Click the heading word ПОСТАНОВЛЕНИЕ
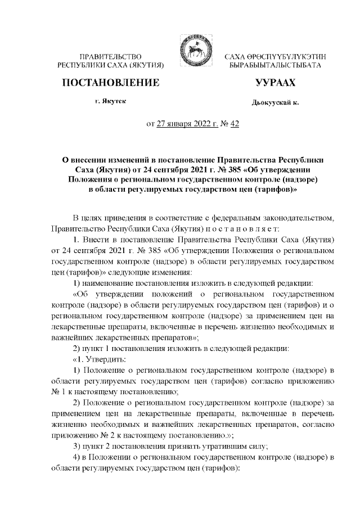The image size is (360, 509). (110, 84)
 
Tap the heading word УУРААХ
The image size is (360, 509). (275, 84)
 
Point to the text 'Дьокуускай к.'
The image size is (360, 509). (275, 103)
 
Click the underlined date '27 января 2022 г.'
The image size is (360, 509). (183, 125)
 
